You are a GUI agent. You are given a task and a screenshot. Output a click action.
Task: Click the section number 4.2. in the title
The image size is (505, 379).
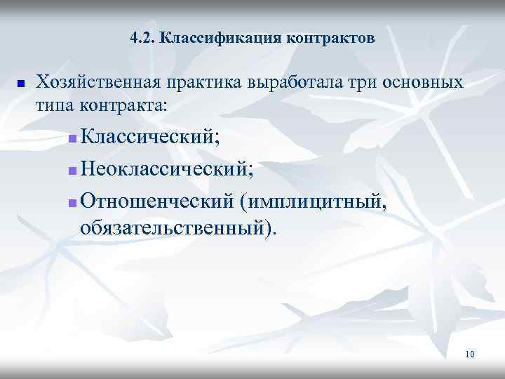143,38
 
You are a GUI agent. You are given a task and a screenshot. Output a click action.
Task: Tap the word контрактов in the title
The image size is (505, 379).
331,38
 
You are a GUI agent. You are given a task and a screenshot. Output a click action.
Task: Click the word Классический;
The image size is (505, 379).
149,136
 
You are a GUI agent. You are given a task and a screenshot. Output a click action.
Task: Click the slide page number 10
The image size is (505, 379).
469,354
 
